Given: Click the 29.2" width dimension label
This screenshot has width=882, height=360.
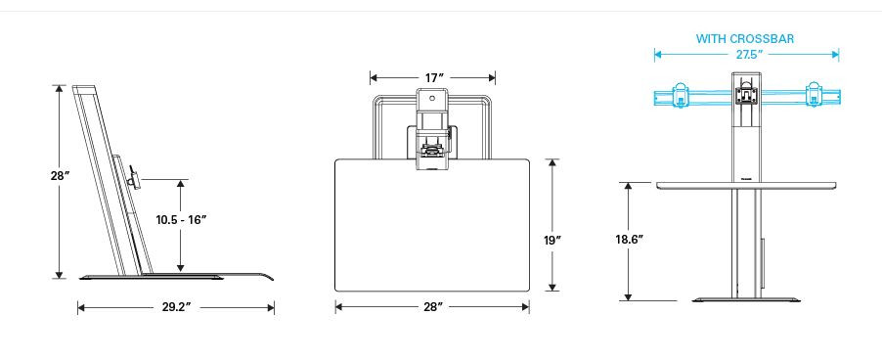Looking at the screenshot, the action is pos(177,307).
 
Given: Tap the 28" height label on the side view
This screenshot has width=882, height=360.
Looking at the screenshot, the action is pos(59,175).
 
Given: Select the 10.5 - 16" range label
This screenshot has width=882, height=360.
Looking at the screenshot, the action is pos(182,219).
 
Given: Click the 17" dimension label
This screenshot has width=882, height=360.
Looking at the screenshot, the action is pos(431,77).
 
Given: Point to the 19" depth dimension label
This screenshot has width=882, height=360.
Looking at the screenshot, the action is pos(552,241).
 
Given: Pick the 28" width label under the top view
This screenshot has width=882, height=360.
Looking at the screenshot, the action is pos(432,306).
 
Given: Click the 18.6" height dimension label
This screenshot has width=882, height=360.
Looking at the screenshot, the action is pos(629,239).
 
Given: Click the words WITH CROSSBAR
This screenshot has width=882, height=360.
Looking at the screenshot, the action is pos(745,39).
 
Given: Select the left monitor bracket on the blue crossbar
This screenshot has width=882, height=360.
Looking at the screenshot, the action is pos(680,95).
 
